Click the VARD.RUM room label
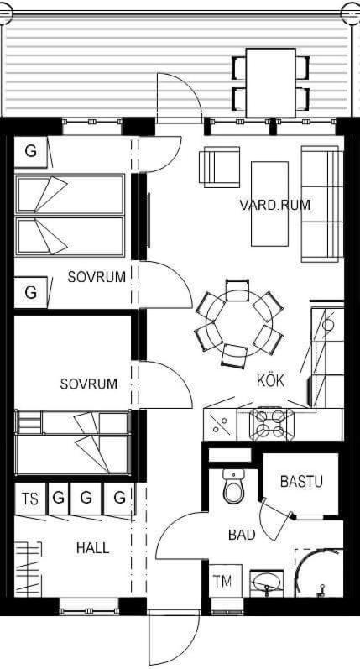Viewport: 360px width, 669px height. coord(274,205)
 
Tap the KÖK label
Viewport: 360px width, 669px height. coord(270,380)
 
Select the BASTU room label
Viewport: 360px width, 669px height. coord(301,481)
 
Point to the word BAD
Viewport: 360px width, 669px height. coord(242,535)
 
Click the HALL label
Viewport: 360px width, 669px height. coord(92,548)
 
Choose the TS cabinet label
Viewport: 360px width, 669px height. coord(30,499)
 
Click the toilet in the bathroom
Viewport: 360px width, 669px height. coord(234,486)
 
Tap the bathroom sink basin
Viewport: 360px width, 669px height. coord(267,583)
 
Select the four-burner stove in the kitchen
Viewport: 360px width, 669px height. coord(272,425)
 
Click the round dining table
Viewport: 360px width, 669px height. coord(238,323)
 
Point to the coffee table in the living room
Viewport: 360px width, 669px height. coord(269,204)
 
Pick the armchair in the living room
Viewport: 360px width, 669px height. coord(219,167)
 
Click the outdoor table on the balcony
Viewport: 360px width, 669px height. coord(270,83)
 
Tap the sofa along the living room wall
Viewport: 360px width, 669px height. coord(322,204)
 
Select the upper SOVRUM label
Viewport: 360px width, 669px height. coord(97,277)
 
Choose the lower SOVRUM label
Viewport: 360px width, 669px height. coord(89,384)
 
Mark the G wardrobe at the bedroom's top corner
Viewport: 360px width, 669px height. coord(31,151)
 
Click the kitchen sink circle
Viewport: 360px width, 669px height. coord(327,325)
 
